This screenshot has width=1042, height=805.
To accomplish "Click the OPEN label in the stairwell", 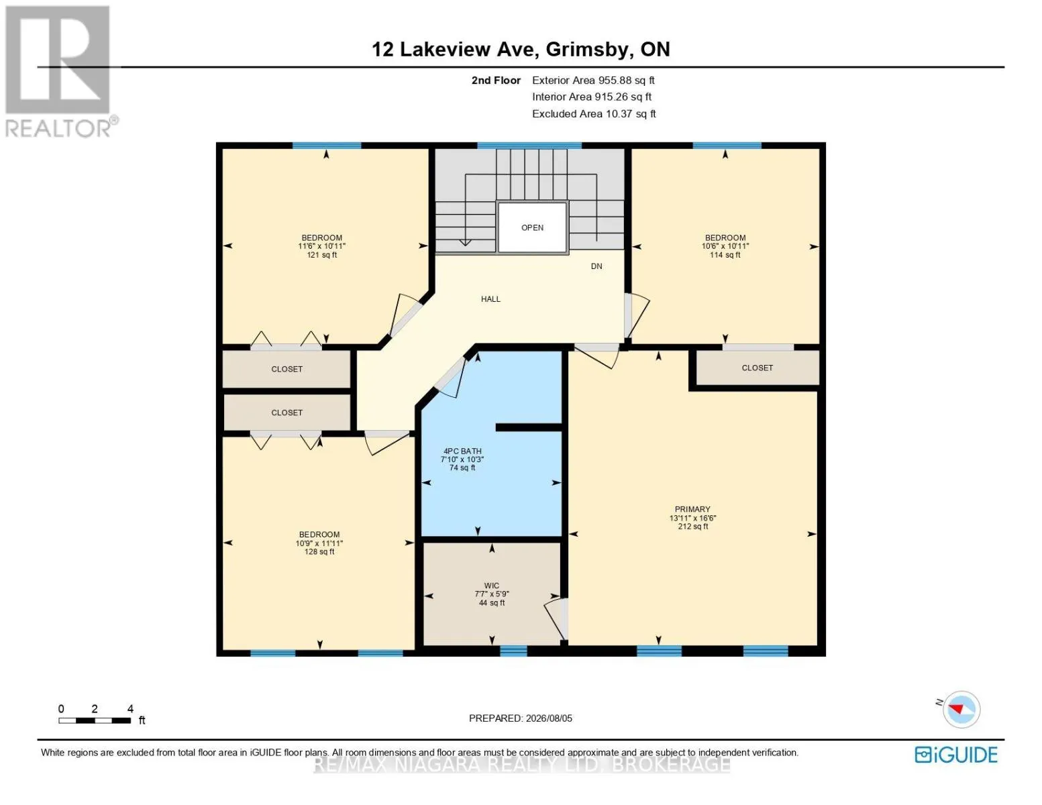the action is pyautogui.click(x=532, y=227).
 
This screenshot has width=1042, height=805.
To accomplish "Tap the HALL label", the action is pyautogui.click(x=490, y=299).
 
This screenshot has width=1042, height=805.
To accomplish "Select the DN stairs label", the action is pyautogui.click(x=596, y=266).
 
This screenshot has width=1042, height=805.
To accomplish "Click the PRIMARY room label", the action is pyautogui.click(x=692, y=509).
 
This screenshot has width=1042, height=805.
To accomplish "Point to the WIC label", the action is pyautogui.click(x=492, y=586).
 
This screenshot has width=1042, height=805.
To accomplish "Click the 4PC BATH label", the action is pyautogui.click(x=462, y=451).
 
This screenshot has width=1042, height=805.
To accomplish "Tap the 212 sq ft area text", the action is pyautogui.click(x=692, y=527).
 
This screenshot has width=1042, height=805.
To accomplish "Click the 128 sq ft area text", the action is pyautogui.click(x=319, y=552).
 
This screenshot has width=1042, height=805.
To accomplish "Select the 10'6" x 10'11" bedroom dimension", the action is pyautogui.click(x=725, y=246).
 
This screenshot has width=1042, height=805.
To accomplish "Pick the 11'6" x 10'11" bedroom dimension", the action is pyautogui.click(x=322, y=246).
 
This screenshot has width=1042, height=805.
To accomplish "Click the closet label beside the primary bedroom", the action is pyautogui.click(x=757, y=368).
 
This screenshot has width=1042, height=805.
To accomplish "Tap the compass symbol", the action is pyautogui.click(x=961, y=709).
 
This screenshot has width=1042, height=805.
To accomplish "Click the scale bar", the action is pyautogui.click(x=95, y=720).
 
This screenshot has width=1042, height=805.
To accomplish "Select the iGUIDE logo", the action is pyautogui.click(x=955, y=755).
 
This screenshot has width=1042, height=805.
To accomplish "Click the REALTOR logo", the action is pyautogui.click(x=60, y=72).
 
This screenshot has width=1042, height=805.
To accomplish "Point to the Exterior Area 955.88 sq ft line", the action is pyautogui.click(x=593, y=80).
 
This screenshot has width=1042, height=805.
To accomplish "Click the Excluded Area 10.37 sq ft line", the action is pyautogui.click(x=594, y=113).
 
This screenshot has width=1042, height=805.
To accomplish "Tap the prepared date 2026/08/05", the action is pyautogui.click(x=549, y=718).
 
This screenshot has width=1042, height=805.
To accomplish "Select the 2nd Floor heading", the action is pyautogui.click(x=496, y=80).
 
